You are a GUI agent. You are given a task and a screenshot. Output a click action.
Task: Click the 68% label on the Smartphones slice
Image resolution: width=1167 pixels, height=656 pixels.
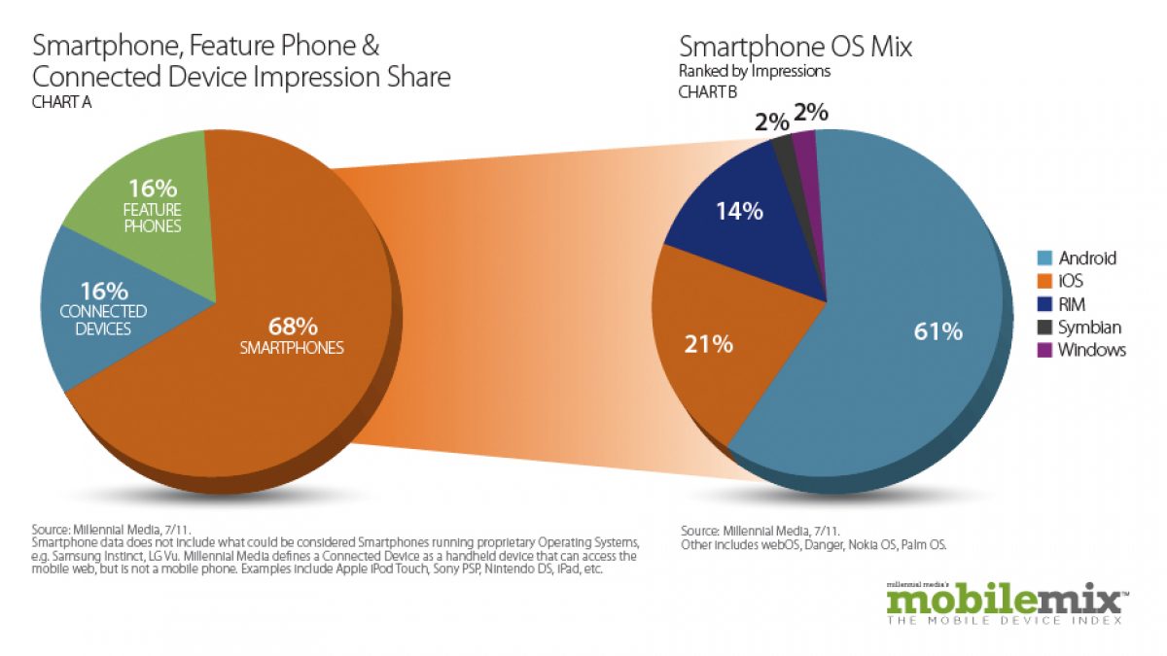[x=291, y=326]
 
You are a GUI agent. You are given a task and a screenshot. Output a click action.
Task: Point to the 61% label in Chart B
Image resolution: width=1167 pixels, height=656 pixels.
[x=937, y=331]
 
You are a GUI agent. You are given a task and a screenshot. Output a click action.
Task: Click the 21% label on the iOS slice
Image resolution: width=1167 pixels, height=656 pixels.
[x=709, y=343]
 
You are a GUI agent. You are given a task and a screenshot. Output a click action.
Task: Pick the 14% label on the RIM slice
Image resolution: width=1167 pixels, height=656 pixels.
[x=739, y=211]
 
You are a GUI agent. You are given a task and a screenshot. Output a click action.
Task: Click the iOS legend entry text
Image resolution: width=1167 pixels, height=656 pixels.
[x=1073, y=281]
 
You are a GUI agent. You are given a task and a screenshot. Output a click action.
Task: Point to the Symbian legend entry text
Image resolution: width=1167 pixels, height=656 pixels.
[x=1090, y=328]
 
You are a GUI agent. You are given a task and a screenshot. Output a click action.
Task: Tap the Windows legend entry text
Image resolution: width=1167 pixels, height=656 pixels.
[x=1092, y=350]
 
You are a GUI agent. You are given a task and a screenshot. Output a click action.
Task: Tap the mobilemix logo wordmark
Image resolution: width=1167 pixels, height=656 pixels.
[x=1003, y=600]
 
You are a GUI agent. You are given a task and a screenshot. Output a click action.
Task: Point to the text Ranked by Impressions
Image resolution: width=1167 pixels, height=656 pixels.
[x=755, y=71]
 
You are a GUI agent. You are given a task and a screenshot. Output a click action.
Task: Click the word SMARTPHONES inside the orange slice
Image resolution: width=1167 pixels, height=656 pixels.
[x=292, y=347]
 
